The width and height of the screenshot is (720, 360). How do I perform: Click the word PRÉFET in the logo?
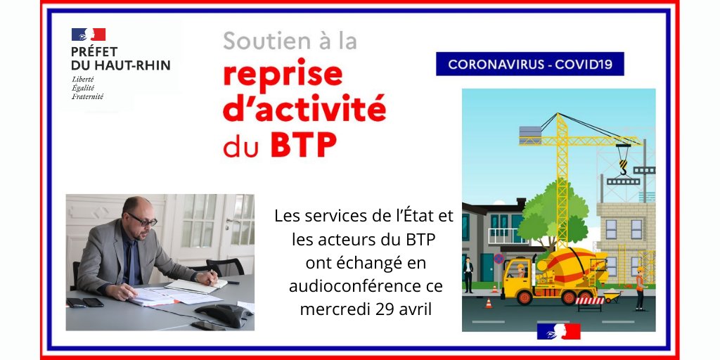pos(94,51)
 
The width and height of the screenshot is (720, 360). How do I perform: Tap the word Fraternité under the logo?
pos(87,96)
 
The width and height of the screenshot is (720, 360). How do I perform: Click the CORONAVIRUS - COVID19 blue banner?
pos(529,64)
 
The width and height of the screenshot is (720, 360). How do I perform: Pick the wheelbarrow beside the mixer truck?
pos(610,296)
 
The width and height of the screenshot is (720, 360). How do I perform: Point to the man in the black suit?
pos(468,274)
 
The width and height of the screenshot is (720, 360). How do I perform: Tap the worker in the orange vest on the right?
pos(639,287)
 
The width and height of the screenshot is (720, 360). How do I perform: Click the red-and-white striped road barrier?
pos(589,301)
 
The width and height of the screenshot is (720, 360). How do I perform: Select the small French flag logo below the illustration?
pos(559,331)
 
